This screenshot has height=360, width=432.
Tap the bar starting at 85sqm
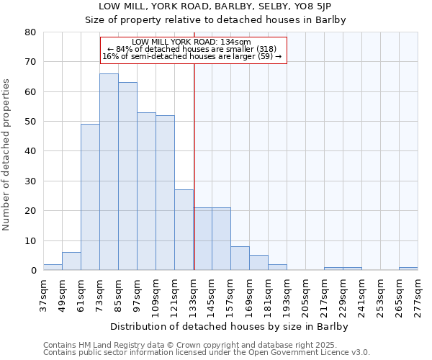(127, 176)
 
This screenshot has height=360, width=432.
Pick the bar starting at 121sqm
(184, 230)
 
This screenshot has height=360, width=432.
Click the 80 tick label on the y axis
(30, 32)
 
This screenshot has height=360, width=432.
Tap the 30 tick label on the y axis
(30, 181)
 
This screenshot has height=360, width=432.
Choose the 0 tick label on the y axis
(33, 271)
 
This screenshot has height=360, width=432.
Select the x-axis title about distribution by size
(230, 327)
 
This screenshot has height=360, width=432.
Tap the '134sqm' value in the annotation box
(235, 42)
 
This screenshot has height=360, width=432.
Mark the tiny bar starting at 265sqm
(408, 269)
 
